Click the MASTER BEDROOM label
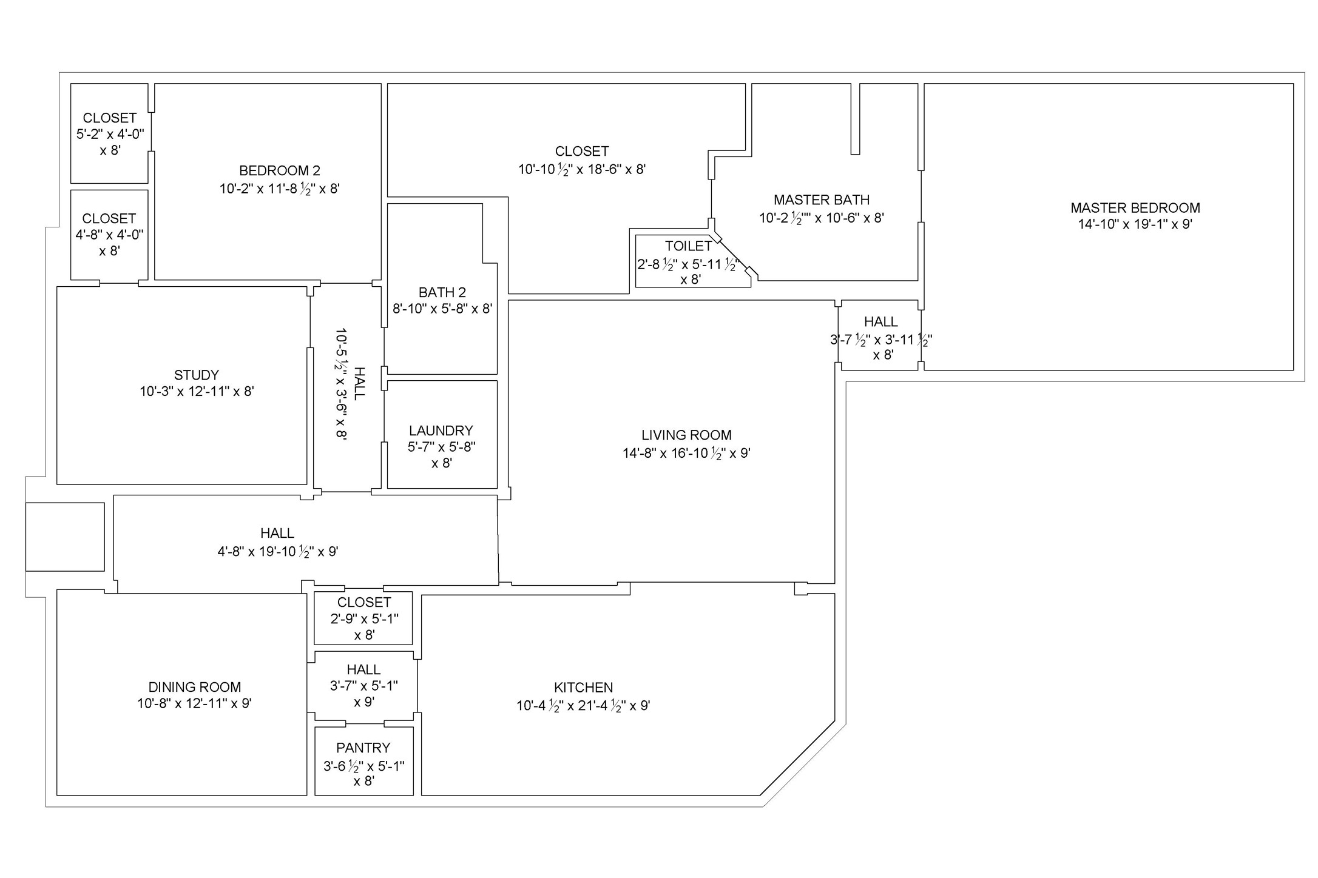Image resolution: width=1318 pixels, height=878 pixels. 1135,208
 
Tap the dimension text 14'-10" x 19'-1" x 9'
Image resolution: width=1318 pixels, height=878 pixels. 1135,224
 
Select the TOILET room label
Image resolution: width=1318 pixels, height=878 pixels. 688,246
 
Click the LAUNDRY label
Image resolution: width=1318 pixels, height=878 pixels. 441,431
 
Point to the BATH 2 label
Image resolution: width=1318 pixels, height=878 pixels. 442,293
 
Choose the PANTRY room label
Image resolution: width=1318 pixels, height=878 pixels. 363,748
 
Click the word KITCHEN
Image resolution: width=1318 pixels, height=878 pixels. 583,688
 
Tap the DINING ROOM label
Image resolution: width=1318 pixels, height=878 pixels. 194,688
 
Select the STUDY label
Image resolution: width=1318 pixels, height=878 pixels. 196,375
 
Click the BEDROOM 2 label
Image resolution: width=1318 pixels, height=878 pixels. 279,171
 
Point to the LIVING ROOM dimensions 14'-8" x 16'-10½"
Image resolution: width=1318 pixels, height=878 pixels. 686,454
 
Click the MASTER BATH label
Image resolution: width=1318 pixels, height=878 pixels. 821,200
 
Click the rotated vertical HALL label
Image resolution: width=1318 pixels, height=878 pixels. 359,383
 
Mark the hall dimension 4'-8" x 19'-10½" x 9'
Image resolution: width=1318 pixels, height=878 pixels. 277,552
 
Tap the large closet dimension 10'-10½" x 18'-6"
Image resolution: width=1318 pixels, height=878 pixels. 581,170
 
